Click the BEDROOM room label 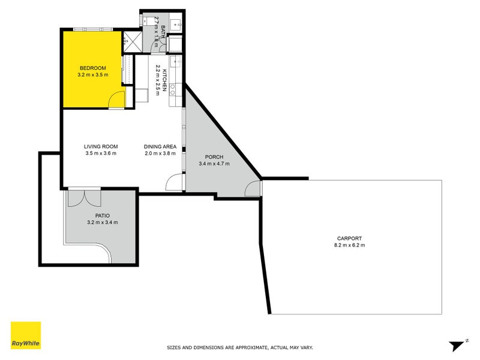pyautogui.click(x=93, y=68)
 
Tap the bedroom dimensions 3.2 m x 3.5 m pyautogui.click(x=93, y=74)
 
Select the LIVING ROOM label pyautogui.click(x=101, y=146)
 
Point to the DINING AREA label pyautogui.click(x=160, y=146)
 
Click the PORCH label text pyautogui.click(x=214, y=157)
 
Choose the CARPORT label pyautogui.click(x=349, y=238)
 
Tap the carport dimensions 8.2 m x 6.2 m pyautogui.click(x=349, y=245)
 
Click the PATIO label pyautogui.click(x=102, y=216)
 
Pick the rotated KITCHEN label pyautogui.click(x=164, y=80)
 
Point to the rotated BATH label pyautogui.click(x=163, y=31)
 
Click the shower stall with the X pyautogui.click(x=133, y=41)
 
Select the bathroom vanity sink pyautogui.click(x=176, y=23)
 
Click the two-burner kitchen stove pyautogui.click(x=173, y=89)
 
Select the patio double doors pyautogui.click(x=84, y=198)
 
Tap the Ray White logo pyautogui.click(x=26, y=335)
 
